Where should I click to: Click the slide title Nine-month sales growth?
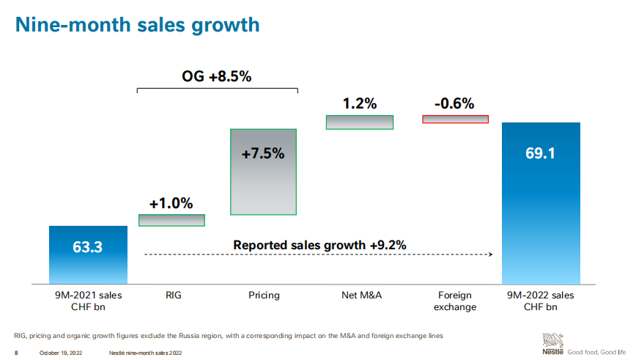[x=138, y=25]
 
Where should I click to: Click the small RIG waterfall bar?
[x=171, y=220]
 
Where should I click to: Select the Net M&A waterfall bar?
[x=359, y=122]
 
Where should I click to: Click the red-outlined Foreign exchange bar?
[x=455, y=119]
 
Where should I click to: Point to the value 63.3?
[x=88, y=247]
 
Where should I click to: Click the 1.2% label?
[x=359, y=103]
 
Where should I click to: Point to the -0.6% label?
[x=454, y=103]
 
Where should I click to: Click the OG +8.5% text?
[x=217, y=76]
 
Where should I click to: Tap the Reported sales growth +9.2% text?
[x=319, y=245]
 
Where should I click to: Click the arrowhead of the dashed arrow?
[x=489, y=254]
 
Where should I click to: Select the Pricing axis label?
[x=264, y=295]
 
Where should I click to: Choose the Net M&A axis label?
[x=359, y=295]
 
